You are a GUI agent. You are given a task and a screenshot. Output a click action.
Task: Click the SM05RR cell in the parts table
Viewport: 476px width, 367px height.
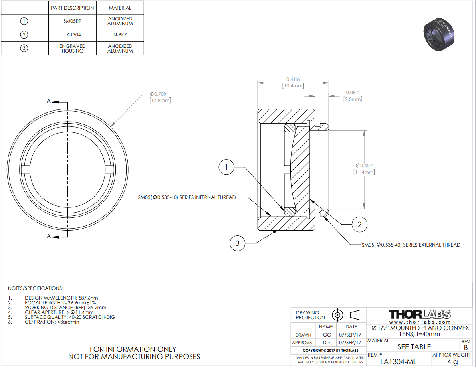[x=72, y=21]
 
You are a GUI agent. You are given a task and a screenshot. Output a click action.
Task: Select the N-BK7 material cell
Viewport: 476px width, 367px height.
[x=120, y=34]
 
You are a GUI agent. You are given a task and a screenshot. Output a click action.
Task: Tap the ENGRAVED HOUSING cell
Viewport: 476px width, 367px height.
[x=72, y=48]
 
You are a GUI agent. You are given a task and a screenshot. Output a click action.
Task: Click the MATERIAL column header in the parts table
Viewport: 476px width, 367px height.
[x=120, y=8]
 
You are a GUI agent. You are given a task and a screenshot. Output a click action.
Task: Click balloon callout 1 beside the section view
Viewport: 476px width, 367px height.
[x=226, y=167]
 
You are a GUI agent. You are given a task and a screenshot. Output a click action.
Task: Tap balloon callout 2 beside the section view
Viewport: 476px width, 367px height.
[x=359, y=225]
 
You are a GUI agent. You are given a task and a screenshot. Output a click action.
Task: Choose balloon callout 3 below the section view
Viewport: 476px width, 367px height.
[x=237, y=243]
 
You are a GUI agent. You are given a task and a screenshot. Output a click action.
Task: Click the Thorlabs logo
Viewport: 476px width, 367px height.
[x=420, y=314]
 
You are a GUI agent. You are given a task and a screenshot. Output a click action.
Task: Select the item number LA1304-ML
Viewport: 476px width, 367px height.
[x=398, y=361]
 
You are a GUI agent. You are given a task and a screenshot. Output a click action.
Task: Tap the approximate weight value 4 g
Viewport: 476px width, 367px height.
[x=452, y=361]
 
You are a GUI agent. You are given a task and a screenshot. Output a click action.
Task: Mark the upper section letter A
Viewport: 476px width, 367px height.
[x=48, y=101]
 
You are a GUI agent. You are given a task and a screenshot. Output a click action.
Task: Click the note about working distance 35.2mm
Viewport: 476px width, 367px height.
[x=66, y=308]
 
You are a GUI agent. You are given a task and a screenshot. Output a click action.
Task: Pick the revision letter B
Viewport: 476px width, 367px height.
[x=466, y=348]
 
